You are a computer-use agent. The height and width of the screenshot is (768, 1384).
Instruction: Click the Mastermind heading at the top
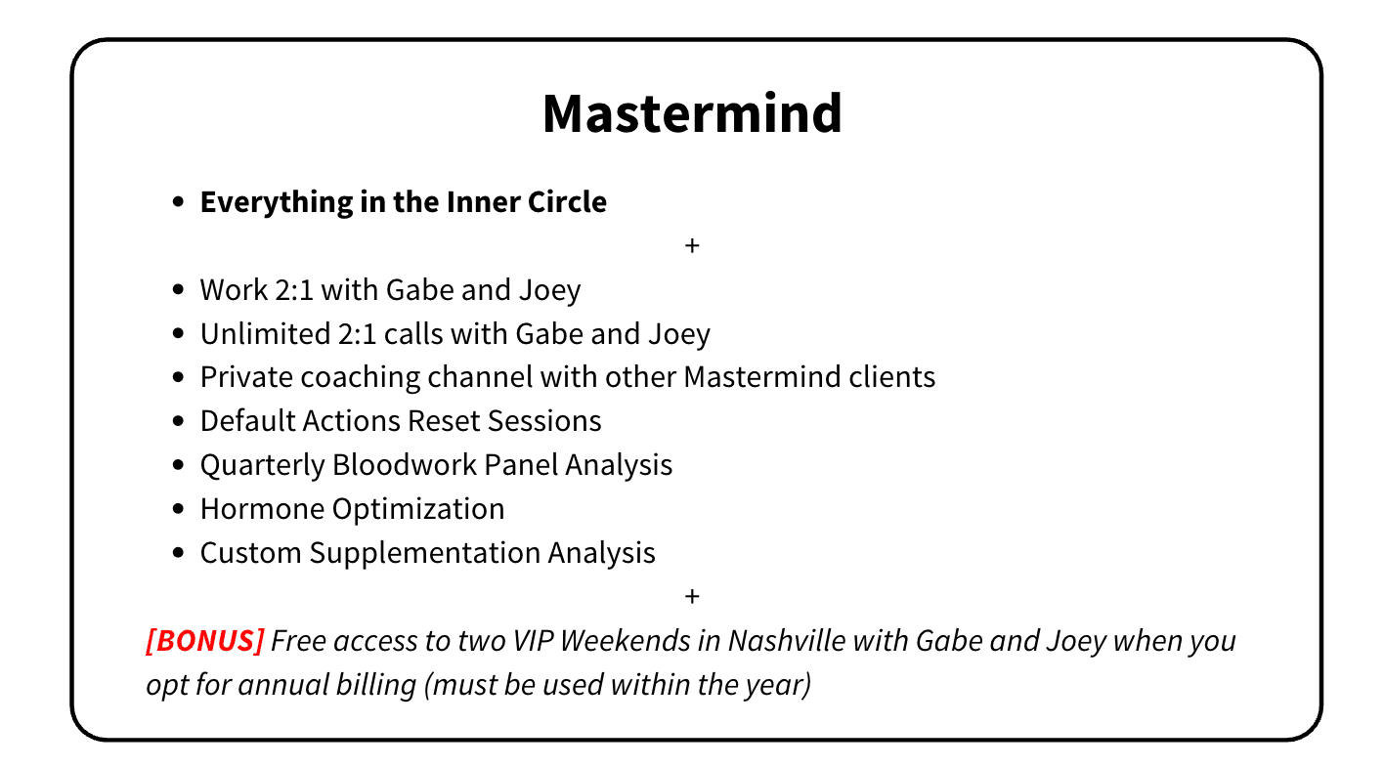[692, 113]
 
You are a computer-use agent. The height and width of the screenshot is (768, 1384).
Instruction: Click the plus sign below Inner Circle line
[692, 245]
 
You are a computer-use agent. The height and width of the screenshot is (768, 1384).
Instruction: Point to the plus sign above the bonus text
[692, 596]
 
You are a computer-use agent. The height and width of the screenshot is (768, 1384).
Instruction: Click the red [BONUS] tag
[205, 640]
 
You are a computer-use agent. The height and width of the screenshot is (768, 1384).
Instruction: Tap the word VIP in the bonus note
[534, 641]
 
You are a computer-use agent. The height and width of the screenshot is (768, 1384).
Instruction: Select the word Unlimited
[265, 333]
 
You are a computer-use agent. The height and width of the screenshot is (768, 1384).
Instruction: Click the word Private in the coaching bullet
[246, 377]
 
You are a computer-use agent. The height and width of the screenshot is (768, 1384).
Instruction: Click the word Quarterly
[262, 465]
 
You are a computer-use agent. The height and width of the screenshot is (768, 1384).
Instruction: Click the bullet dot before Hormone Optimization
[179, 509]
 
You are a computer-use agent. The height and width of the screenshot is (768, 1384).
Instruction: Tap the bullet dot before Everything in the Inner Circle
[179, 202]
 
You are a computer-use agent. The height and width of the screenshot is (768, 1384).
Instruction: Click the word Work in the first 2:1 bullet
[234, 290]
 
